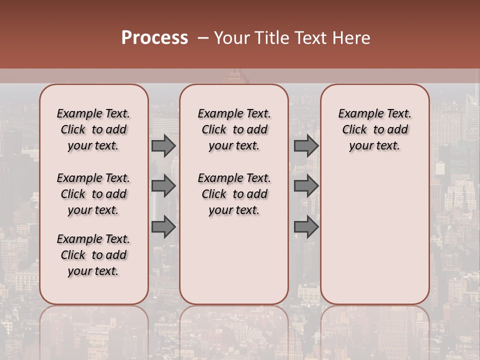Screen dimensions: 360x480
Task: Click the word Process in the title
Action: [x=154, y=37]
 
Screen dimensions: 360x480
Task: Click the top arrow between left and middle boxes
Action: [x=163, y=146]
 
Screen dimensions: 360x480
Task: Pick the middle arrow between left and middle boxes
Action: [x=163, y=186]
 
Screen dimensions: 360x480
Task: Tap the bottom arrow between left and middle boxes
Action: [x=163, y=227]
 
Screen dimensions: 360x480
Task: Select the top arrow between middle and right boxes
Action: [x=306, y=146]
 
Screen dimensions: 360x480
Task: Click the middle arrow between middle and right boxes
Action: [x=306, y=186]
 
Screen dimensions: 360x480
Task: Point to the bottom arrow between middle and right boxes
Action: [x=306, y=227]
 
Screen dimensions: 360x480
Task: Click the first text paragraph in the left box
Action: [x=93, y=129]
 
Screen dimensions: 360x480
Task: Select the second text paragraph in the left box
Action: [x=93, y=194]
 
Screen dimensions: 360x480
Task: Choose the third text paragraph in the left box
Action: [x=93, y=255]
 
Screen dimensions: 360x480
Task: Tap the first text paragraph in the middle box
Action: [x=234, y=129]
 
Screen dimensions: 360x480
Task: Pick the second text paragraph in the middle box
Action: [x=234, y=194]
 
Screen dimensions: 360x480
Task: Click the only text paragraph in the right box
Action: [x=375, y=129]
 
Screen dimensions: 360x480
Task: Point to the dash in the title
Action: [x=203, y=38]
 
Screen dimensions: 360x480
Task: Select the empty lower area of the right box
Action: [x=375, y=230]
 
